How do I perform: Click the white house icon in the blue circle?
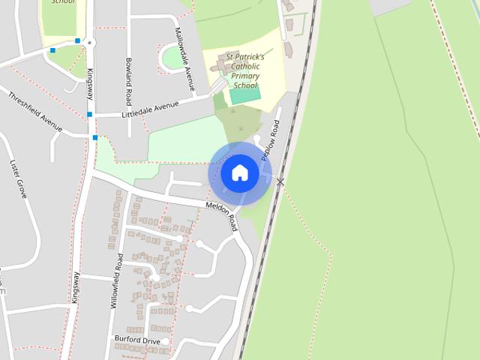239,173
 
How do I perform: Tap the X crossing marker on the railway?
280,181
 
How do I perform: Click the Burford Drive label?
137,340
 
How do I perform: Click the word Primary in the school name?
245,76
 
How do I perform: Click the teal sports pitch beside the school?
244,96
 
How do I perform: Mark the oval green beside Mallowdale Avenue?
173,58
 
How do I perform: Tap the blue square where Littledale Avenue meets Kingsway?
90,115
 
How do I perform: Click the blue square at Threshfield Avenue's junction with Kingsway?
95,138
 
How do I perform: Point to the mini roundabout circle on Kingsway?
90,43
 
